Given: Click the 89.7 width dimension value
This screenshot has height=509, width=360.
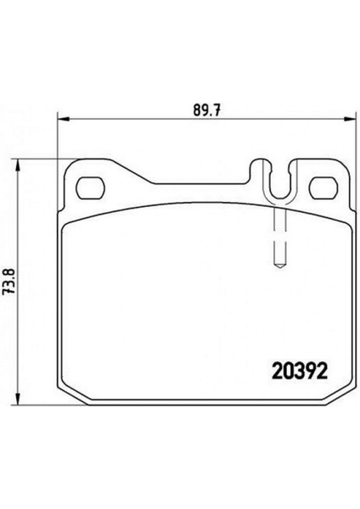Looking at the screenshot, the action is pos(207,110).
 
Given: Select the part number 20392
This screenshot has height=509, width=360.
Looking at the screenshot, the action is pos(299,372).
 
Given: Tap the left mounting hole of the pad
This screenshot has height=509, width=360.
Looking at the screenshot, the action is pos(91,187).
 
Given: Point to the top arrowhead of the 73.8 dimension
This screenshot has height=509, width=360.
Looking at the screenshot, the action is pos(18,165).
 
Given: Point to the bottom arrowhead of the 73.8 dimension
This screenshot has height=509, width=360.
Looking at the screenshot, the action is pos(18,399).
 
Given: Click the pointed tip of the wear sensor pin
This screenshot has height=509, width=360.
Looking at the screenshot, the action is pos(280,267).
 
